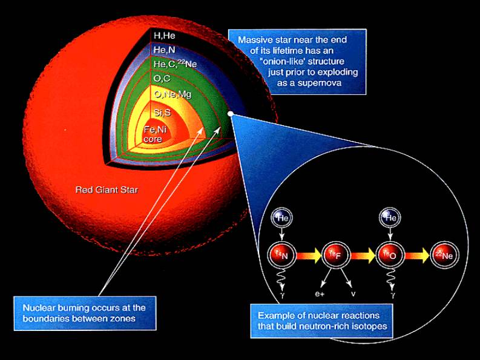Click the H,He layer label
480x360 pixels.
tap(165, 36)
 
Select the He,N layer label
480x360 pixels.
tap(165, 50)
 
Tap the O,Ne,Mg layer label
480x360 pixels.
tap(173, 94)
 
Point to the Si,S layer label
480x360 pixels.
tap(162, 113)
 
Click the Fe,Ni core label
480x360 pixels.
tap(155, 134)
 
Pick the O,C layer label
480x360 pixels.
tap(162, 79)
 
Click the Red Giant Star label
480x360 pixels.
tap(107, 190)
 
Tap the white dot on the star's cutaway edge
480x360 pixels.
tap(231, 114)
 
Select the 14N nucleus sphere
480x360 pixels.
tap(282, 255)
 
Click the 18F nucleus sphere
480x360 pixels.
tap(336, 255)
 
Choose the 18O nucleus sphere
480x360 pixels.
tap(390, 255)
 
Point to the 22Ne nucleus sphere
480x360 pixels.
tap(444, 255)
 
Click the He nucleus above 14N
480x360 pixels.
tap(282, 218)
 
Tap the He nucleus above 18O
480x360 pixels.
tap(390, 218)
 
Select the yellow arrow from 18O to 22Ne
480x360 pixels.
tap(417, 255)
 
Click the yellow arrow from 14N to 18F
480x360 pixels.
tap(309, 255)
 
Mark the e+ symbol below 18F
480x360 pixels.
tap(320, 294)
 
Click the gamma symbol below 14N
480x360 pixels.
tap(282, 295)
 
